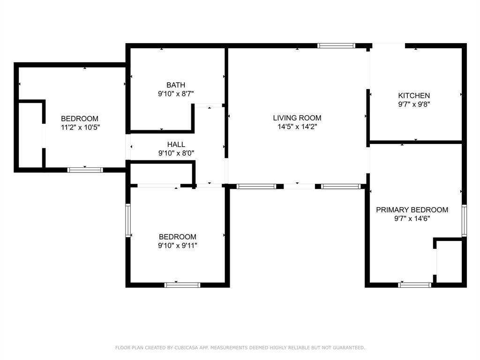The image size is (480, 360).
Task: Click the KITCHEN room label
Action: (x=414, y=96)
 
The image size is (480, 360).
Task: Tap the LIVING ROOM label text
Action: (x=297, y=118)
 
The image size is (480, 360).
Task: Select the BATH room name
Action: (x=176, y=85)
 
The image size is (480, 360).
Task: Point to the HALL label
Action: (x=176, y=144)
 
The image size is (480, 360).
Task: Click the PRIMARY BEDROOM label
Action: (x=412, y=210)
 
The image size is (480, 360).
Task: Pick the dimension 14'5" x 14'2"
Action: (x=297, y=127)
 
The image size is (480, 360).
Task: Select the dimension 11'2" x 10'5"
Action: (x=81, y=127)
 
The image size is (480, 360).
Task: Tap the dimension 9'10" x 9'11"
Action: (x=178, y=246)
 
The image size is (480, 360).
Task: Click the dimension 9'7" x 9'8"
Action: (x=414, y=105)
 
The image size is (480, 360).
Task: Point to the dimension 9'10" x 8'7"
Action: (x=176, y=94)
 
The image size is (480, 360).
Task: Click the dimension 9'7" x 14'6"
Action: (x=412, y=218)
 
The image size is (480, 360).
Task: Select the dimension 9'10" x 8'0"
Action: (x=176, y=153)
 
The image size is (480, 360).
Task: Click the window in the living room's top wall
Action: (x=336, y=46)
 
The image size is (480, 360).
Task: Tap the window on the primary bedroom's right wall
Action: (x=464, y=221)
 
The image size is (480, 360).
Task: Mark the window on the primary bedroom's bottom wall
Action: (x=415, y=285)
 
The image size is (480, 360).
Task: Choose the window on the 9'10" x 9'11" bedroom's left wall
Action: (x=128, y=220)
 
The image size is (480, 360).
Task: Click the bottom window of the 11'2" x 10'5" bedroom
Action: (x=85, y=170)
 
